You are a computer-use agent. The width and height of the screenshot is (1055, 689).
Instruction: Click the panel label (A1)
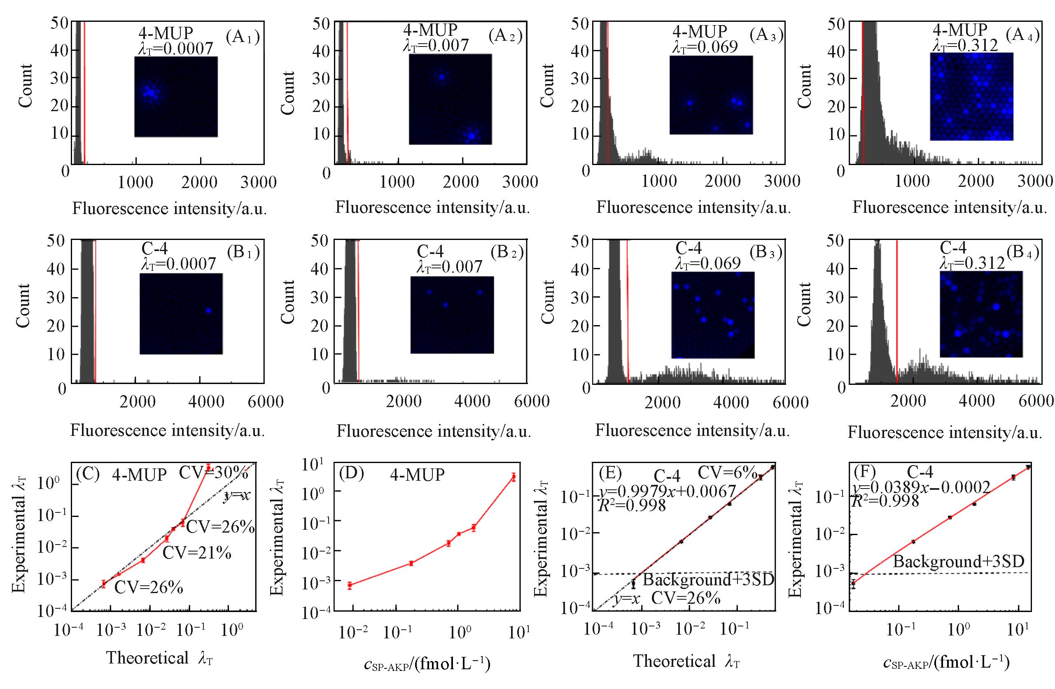point(242,37)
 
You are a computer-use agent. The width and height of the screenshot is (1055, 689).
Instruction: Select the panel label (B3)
point(766,252)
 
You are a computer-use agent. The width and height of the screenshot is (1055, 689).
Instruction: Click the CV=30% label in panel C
point(213,473)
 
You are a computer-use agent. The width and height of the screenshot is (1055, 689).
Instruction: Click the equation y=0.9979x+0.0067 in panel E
point(668,491)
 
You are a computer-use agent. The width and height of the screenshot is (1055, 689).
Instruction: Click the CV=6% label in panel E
point(727,473)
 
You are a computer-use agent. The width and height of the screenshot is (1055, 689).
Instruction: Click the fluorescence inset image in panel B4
point(981,314)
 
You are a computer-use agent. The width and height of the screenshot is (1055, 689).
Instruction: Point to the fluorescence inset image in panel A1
point(176,97)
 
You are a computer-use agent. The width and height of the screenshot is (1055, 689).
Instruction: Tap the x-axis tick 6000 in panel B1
point(266,402)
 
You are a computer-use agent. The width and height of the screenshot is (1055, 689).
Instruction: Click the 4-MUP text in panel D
point(417,475)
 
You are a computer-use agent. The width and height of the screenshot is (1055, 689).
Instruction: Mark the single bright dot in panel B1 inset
point(208,310)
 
